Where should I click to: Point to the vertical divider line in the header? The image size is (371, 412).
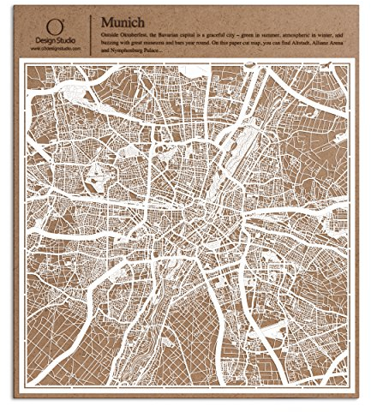[91, 33]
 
